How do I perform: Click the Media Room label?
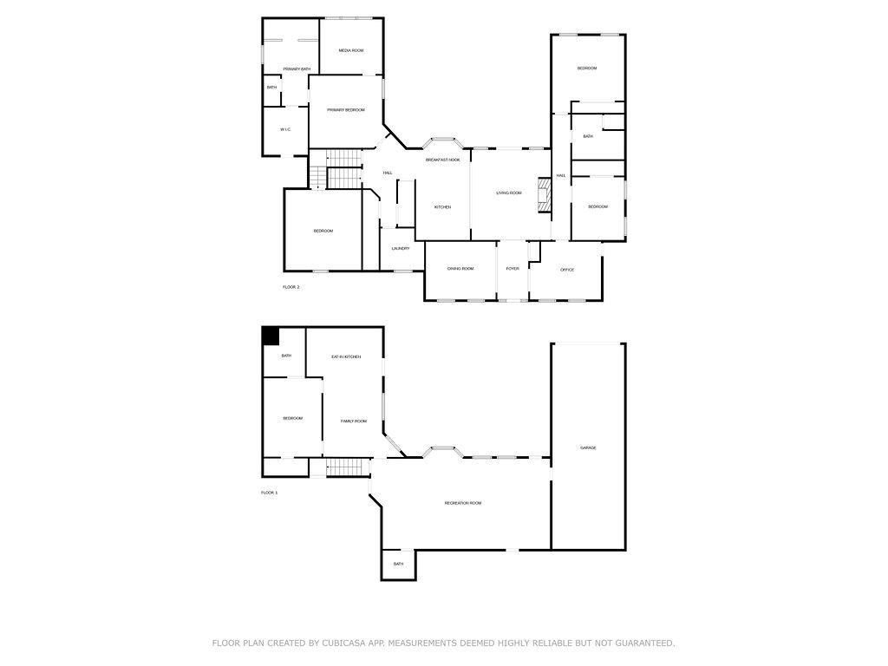coord(351,50)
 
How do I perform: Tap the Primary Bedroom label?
coord(346,110)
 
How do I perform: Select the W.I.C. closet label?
coord(285,130)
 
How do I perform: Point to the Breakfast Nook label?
coord(443,160)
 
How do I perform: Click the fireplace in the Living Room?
coord(545,195)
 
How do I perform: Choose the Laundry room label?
coord(401,249)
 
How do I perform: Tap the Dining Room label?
coord(460,269)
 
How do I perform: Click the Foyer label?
coord(513,269)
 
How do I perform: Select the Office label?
coord(567,270)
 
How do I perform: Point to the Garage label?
coord(588,448)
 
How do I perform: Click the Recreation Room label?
coord(463,503)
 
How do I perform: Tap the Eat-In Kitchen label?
coord(346,356)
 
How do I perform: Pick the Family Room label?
coord(354,421)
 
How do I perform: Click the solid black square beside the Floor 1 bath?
coord(271,336)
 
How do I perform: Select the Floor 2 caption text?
coord(291,287)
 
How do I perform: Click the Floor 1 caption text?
coord(269,493)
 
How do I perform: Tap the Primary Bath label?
coord(297,69)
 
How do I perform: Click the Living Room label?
coord(508,193)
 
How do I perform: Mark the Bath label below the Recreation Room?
coord(399,564)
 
